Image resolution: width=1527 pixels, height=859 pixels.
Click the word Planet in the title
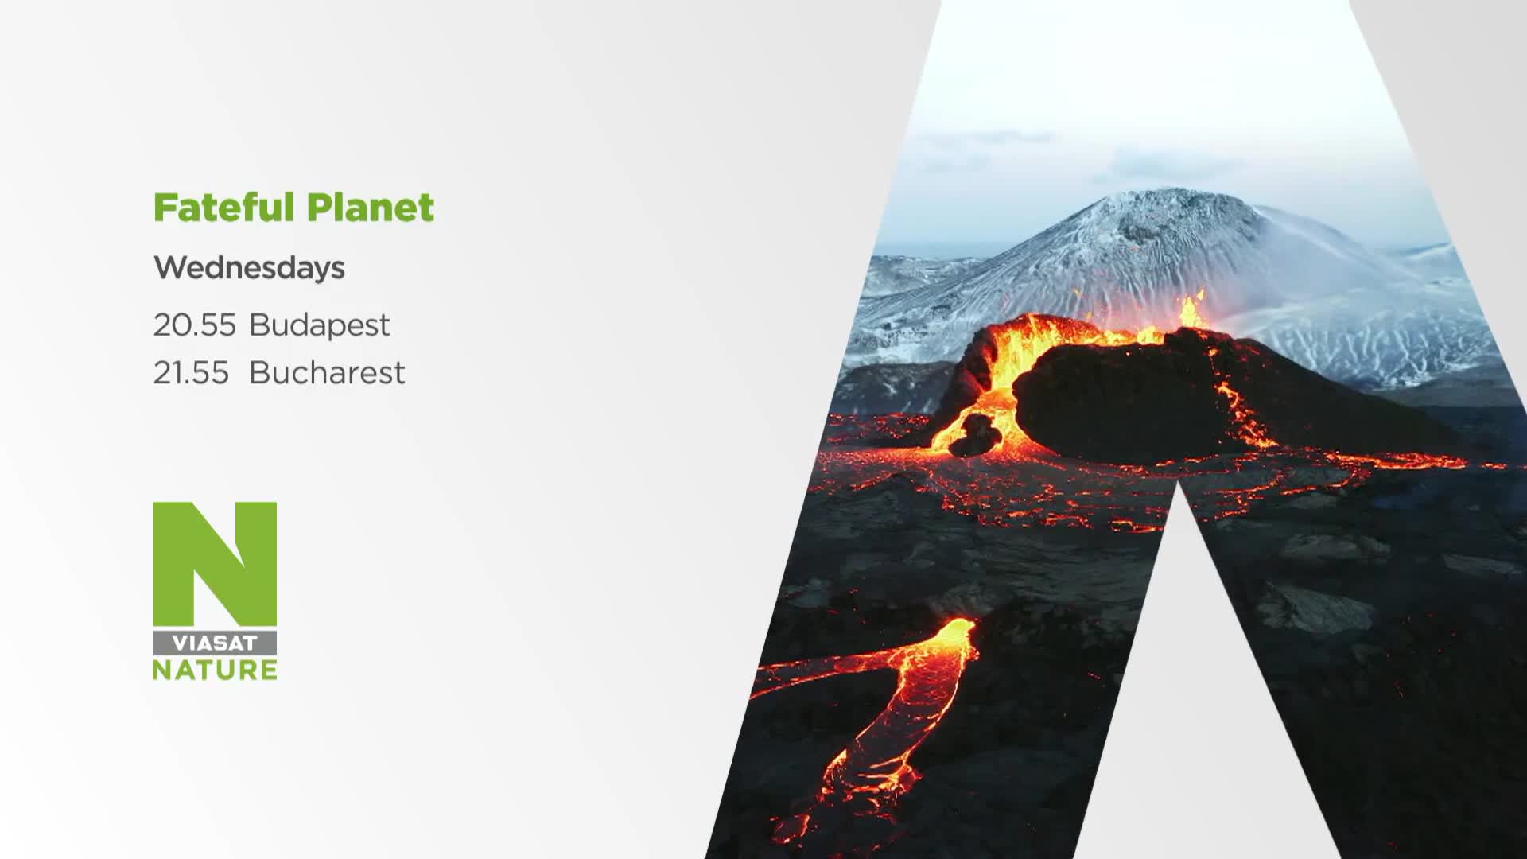[371, 208]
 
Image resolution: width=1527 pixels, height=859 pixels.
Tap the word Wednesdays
[249, 268]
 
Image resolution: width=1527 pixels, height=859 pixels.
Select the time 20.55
[195, 325]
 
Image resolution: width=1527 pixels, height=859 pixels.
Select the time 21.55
[191, 372]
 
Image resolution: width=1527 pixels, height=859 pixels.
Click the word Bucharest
[327, 372]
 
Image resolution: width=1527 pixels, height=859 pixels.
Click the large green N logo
[215, 564]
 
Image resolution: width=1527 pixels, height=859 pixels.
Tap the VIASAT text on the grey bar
[215, 643]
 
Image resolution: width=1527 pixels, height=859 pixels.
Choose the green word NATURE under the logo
[215, 670]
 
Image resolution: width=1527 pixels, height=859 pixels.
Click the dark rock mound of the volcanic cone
[1129, 402]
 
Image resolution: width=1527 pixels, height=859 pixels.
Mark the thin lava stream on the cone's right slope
[1241, 414]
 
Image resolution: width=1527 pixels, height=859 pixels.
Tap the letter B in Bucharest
[260, 372]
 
